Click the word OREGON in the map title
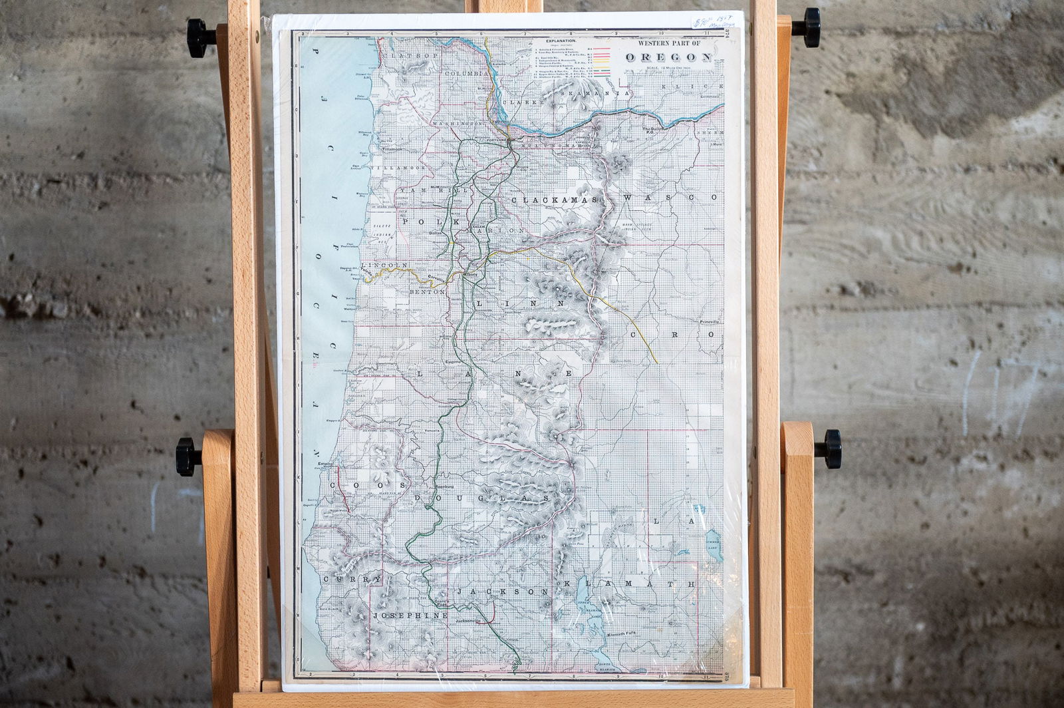click(x=668, y=57)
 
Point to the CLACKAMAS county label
click(x=557, y=200)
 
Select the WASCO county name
click(x=672, y=198)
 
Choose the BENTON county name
click(x=427, y=292)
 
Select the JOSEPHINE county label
click(x=410, y=616)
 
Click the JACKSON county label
click(x=502, y=591)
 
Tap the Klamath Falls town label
click(x=626, y=635)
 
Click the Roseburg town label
click(x=444, y=487)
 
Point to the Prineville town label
click(x=710, y=321)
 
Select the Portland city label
click(x=497, y=141)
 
